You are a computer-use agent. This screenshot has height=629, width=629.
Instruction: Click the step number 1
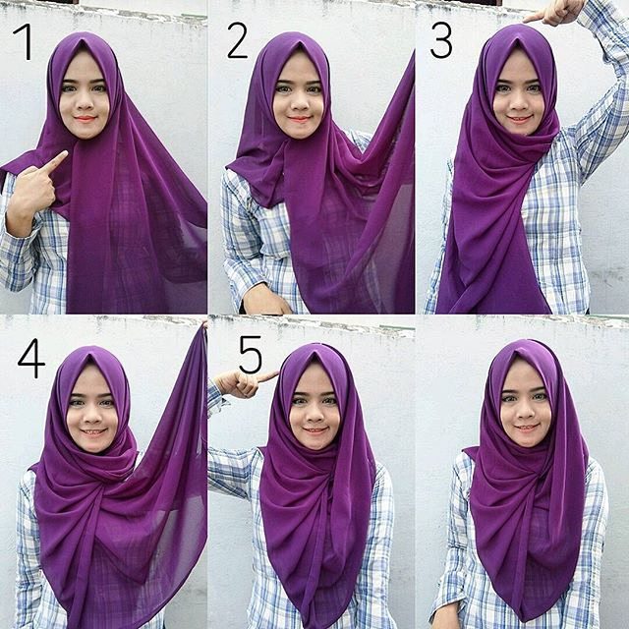(x=22, y=42)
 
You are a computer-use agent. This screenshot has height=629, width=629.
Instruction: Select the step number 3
(x=441, y=41)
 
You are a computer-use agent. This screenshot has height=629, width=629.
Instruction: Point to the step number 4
(x=30, y=360)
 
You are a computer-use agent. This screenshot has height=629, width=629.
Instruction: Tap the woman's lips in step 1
(x=84, y=120)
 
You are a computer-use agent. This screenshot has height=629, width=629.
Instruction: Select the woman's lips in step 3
(x=519, y=119)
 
